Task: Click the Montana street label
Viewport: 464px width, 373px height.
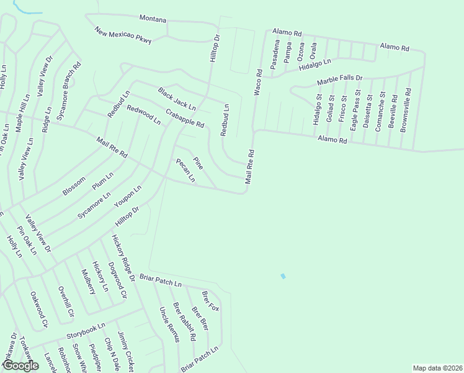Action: [153, 19]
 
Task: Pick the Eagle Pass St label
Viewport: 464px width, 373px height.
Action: [353, 112]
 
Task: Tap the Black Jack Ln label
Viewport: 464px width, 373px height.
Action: [176, 99]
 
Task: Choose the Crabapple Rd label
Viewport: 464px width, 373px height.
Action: [185, 118]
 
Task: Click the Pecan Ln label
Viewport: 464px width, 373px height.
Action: [186, 170]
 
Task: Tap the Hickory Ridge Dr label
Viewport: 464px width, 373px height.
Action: [123, 256]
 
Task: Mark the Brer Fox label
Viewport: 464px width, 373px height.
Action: [210, 300]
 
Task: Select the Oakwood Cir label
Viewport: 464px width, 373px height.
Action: [39, 313]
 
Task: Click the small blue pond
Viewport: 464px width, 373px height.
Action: [283, 276]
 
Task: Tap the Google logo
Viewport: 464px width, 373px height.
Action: [20, 366]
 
